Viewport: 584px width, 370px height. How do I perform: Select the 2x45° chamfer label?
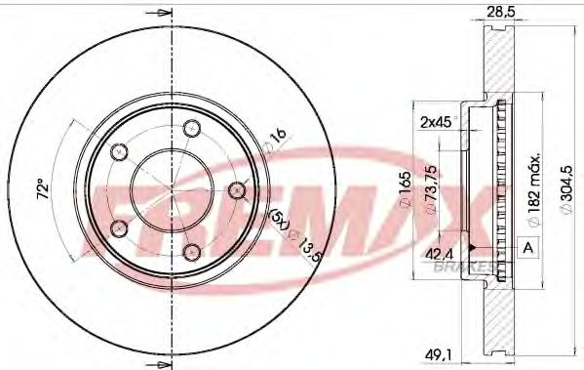[x=437, y=122]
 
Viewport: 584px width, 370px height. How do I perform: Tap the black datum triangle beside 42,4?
[x=473, y=249]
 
